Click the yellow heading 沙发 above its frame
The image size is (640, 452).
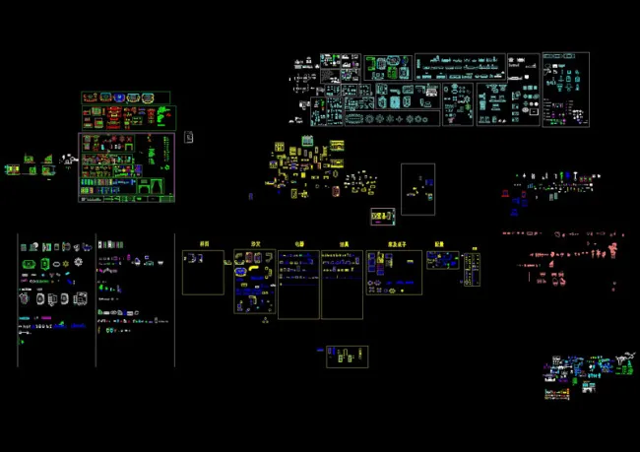tap(255, 243)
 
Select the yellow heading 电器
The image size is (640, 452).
tap(298, 243)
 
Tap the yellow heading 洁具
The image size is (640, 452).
tap(344, 243)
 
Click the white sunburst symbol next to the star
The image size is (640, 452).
tap(78, 264)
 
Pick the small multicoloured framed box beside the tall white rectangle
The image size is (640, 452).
tap(382, 216)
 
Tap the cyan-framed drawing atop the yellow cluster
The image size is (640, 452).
tap(306, 142)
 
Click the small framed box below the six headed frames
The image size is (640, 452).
tap(347, 355)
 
